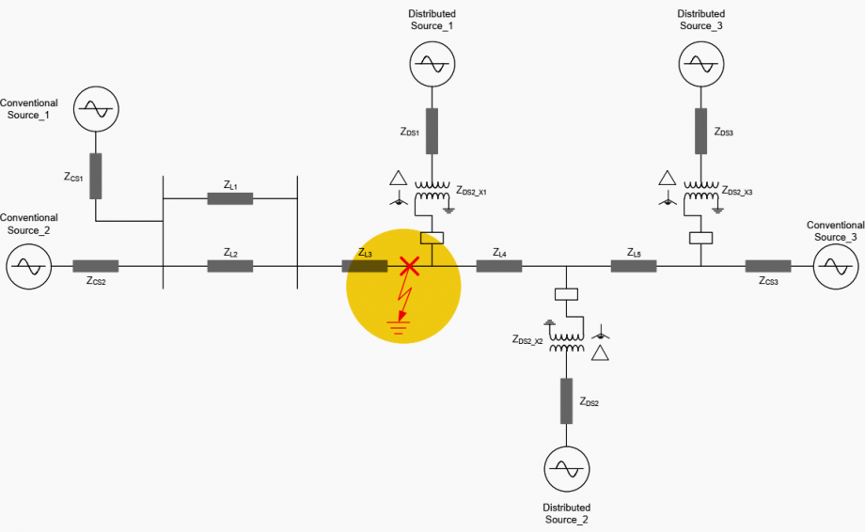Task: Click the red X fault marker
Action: point(409,266)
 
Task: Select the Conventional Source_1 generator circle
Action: point(95,110)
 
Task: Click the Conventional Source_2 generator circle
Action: point(28,267)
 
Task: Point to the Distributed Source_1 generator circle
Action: point(432,64)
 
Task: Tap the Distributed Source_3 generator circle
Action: point(701,64)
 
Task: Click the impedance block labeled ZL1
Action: point(230,198)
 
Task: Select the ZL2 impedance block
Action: point(230,266)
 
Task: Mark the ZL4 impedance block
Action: point(498,266)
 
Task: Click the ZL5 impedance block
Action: point(634,266)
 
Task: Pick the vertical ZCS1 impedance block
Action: point(95,176)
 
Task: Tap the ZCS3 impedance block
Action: point(768,266)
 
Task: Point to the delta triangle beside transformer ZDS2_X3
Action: point(668,178)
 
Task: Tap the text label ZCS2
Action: point(96,282)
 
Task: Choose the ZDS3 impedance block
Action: point(701,131)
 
